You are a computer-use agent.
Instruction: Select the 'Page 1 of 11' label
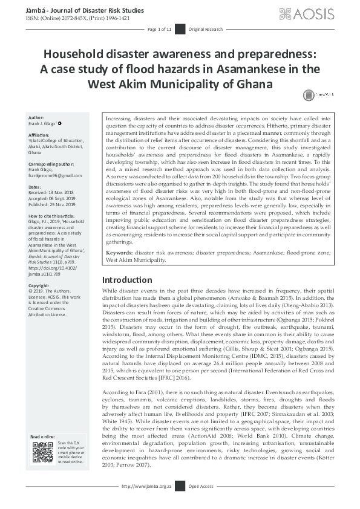click(160, 29)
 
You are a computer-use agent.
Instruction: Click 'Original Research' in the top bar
click(205, 29)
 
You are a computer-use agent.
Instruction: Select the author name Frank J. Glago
click(45, 123)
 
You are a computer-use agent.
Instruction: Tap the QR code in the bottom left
click(42, 452)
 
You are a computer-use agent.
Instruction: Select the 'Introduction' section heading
click(127, 280)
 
